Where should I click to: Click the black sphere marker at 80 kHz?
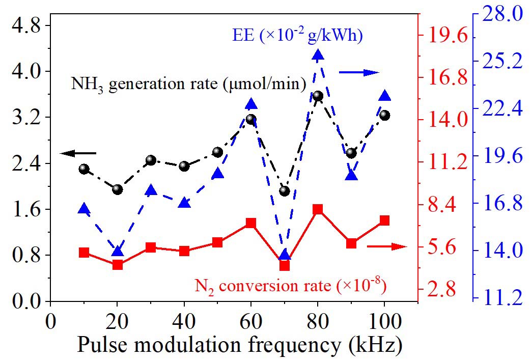(x=318, y=96)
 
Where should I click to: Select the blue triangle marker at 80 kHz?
(x=318, y=56)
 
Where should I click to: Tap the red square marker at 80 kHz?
(x=318, y=209)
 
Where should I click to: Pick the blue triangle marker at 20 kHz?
(x=118, y=251)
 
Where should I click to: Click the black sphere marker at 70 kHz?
(x=285, y=191)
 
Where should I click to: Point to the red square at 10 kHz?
(x=84, y=253)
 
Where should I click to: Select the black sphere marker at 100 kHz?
(x=385, y=116)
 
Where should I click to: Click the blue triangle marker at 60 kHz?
(x=251, y=104)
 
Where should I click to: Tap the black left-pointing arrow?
(x=77, y=153)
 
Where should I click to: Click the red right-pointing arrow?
(x=387, y=246)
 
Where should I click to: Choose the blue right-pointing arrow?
(x=359, y=73)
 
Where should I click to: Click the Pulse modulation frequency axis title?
(x=240, y=345)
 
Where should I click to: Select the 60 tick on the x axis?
(x=251, y=322)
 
